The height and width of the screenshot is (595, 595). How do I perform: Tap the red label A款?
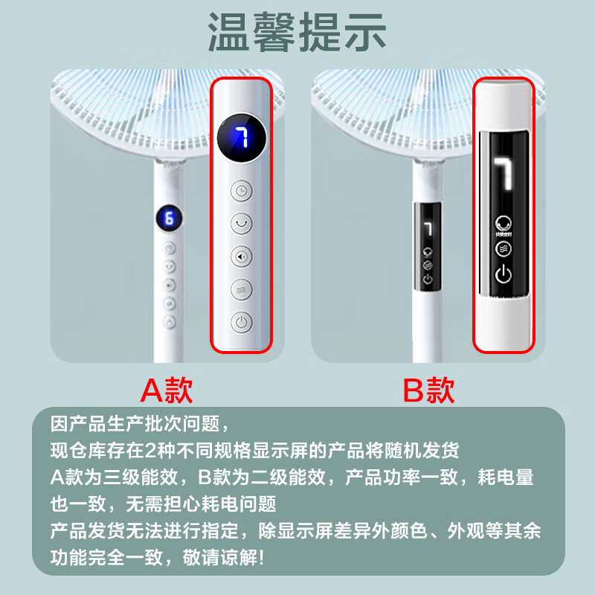coord(167,390)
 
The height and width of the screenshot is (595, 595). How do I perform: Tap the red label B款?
coord(428,390)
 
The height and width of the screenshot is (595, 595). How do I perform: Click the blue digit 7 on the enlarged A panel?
coord(241,138)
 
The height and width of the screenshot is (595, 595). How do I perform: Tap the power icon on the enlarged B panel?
coord(504,274)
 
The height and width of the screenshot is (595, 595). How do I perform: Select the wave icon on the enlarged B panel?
coord(504,248)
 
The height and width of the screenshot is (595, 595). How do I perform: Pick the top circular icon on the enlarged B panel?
coord(504,222)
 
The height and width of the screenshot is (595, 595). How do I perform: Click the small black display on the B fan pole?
coord(428,245)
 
